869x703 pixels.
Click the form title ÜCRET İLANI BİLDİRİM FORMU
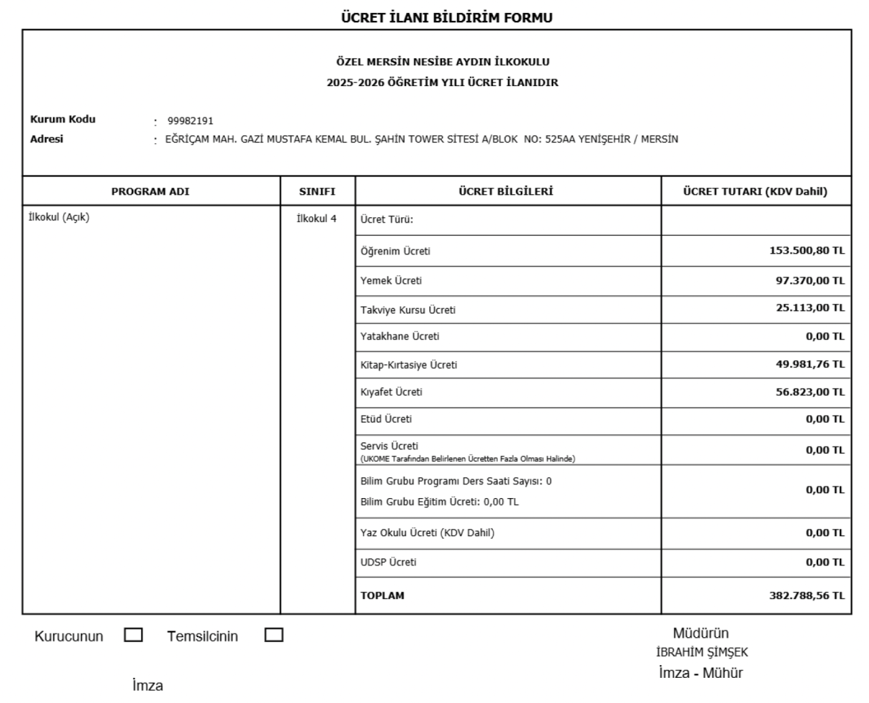[446, 18]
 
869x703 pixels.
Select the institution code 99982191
[190, 121]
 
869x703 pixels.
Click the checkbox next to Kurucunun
[134, 635]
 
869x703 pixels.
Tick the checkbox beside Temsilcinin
[274, 635]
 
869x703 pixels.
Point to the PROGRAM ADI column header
[150, 192]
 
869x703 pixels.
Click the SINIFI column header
[317, 192]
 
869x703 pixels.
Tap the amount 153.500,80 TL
[807, 250]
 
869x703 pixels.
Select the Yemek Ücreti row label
[391, 281]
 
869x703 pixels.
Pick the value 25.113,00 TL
[810, 308]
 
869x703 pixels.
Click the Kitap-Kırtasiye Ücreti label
[409, 365]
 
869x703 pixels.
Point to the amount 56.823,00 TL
[810, 392]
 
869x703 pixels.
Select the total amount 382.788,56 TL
[807, 596]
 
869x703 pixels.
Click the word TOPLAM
[382, 596]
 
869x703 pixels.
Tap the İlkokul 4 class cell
[316, 218]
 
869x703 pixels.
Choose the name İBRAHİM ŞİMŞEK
[702, 653]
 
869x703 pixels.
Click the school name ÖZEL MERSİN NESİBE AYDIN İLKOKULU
[443, 62]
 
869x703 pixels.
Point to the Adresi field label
[47, 139]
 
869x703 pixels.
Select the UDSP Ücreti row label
[388, 563]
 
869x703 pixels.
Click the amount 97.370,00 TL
[810, 280]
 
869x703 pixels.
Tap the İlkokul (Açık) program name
[59, 218]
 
